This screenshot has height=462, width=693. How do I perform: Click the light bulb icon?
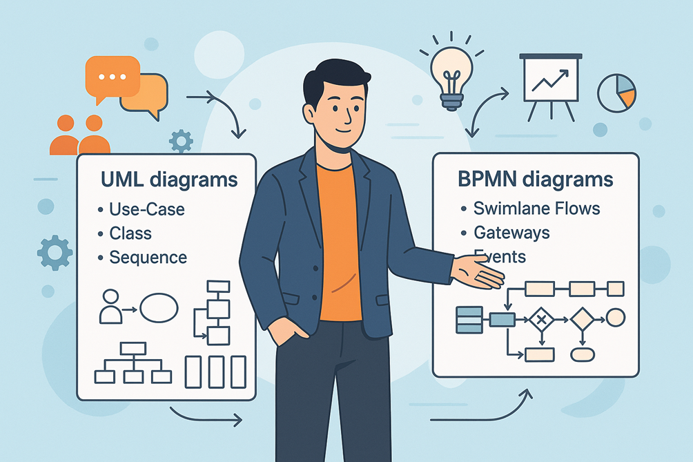click(452, 75)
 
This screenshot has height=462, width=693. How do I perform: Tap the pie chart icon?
click(616, 93)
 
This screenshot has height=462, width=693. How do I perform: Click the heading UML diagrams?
click(169, 180)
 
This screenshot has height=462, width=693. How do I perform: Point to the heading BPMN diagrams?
click(535, 179)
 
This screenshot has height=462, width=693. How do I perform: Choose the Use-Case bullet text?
click(146, 209)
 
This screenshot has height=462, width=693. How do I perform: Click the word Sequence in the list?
click(148, 258)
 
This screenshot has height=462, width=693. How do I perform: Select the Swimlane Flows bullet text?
click(536, 208)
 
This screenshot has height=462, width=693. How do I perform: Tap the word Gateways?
click(511, 232)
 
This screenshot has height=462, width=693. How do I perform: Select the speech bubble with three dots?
click(111, 76)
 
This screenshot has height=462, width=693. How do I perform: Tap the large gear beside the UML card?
click(55, 253)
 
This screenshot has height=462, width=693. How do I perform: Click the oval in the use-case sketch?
click(159, 308)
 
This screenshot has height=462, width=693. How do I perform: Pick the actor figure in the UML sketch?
click(110, 307)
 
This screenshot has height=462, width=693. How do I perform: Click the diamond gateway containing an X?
click(541, 319)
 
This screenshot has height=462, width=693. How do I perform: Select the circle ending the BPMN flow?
click(615, 318)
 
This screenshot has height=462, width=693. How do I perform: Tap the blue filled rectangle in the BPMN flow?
click(502, 319)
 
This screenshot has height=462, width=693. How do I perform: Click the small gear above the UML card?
click(181, 141)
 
